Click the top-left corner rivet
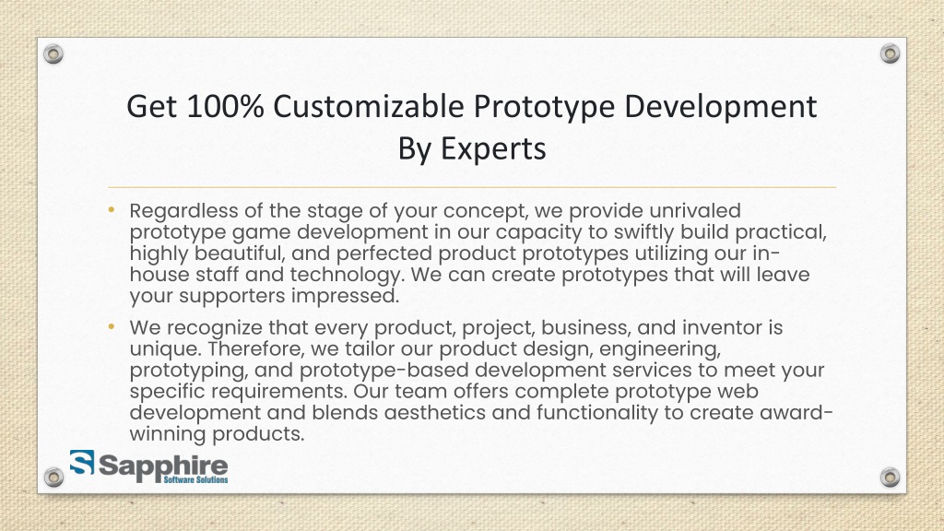54,54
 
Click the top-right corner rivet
890,54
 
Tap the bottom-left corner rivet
54,477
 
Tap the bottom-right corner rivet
890,477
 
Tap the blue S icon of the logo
81,462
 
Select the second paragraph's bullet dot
110,325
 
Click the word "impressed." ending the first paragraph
346,296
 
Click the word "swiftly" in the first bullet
601,231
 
